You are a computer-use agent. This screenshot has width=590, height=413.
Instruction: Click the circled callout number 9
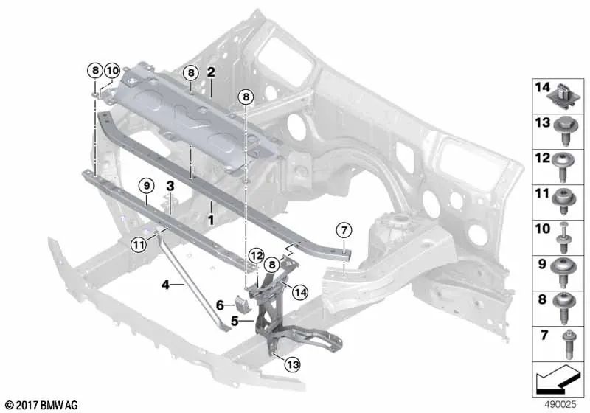tap(147, 185)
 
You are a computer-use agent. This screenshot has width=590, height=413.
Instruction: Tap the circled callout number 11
tap(139, 246)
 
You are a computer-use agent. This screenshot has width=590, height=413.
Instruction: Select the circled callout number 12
tap(257, 256)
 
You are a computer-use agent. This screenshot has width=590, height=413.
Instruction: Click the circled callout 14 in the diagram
tap(300, 292)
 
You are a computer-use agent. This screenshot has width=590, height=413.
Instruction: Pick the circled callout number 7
tap(344, 230)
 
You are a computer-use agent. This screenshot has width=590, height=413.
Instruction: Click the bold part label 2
tap(211, 72)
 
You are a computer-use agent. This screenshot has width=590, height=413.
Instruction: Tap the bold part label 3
tap(170, 185)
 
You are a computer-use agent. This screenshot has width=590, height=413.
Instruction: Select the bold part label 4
tap(165, 285)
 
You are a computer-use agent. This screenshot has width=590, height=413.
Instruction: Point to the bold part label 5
tap(235, 321)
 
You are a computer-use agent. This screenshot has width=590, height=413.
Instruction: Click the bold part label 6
tap(220, 305)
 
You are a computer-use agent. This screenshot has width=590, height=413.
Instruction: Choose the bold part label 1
tap(211, 220)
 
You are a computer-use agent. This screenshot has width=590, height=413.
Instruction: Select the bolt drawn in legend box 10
tap(563, 238)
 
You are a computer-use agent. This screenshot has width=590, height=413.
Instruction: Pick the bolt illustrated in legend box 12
tap(563, 167)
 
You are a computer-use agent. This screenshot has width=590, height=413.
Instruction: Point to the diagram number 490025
tap(560, 404)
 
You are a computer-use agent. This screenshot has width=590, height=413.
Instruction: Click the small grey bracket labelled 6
tap(241, 304)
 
